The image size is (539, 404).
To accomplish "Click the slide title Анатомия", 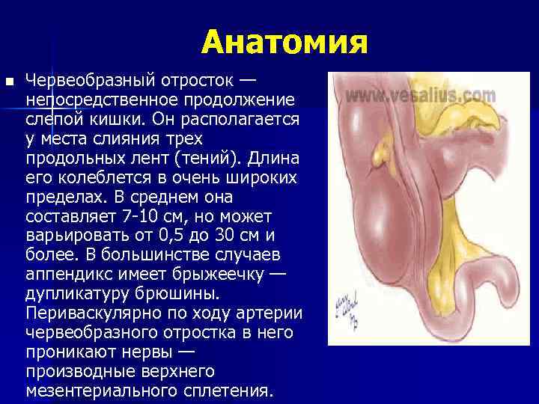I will (x=284, y=43).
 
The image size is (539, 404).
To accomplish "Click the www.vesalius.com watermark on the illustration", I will (x=420, y=97).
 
